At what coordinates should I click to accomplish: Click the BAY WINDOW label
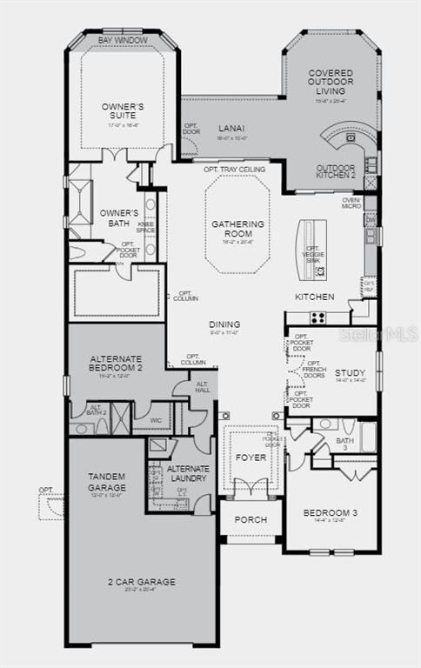123,40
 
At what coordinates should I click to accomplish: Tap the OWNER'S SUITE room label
123,111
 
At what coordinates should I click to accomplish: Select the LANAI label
231,128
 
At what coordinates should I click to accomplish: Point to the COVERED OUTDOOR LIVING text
331,83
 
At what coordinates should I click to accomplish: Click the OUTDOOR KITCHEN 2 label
336,171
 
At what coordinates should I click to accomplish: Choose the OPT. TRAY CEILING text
235,169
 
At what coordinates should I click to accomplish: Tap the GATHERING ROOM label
232,229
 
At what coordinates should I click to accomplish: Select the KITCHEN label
314,297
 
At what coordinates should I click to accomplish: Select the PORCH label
251,519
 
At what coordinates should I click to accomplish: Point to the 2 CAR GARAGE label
141,581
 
